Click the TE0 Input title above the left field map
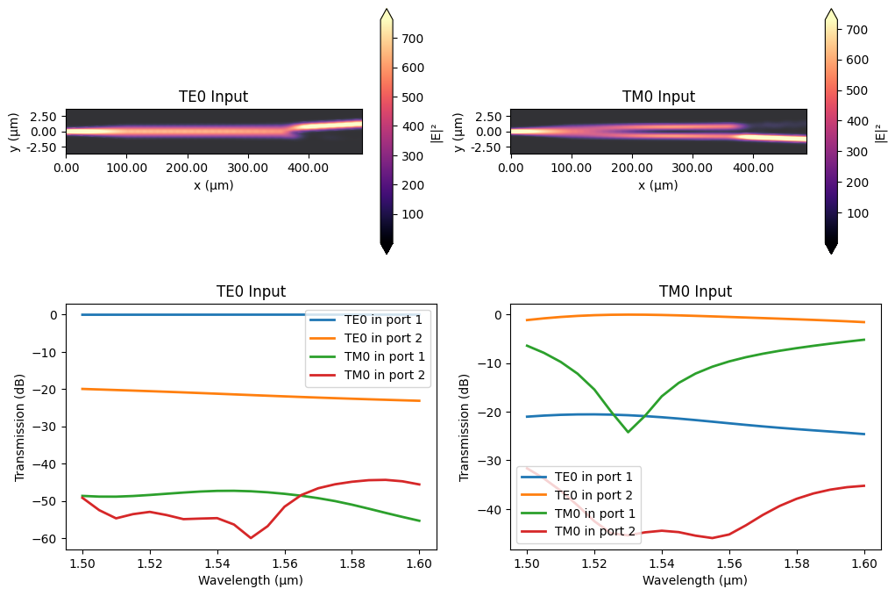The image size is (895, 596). click(213, 97)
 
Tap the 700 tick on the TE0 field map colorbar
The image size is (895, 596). click(413, 39)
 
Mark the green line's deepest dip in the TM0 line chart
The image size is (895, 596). click(628, 432)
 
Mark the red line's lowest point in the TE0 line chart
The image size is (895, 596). click(251, 537)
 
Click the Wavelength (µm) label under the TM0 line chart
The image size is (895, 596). click(695, 579)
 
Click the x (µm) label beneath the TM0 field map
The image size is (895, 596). click(658, 185)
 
